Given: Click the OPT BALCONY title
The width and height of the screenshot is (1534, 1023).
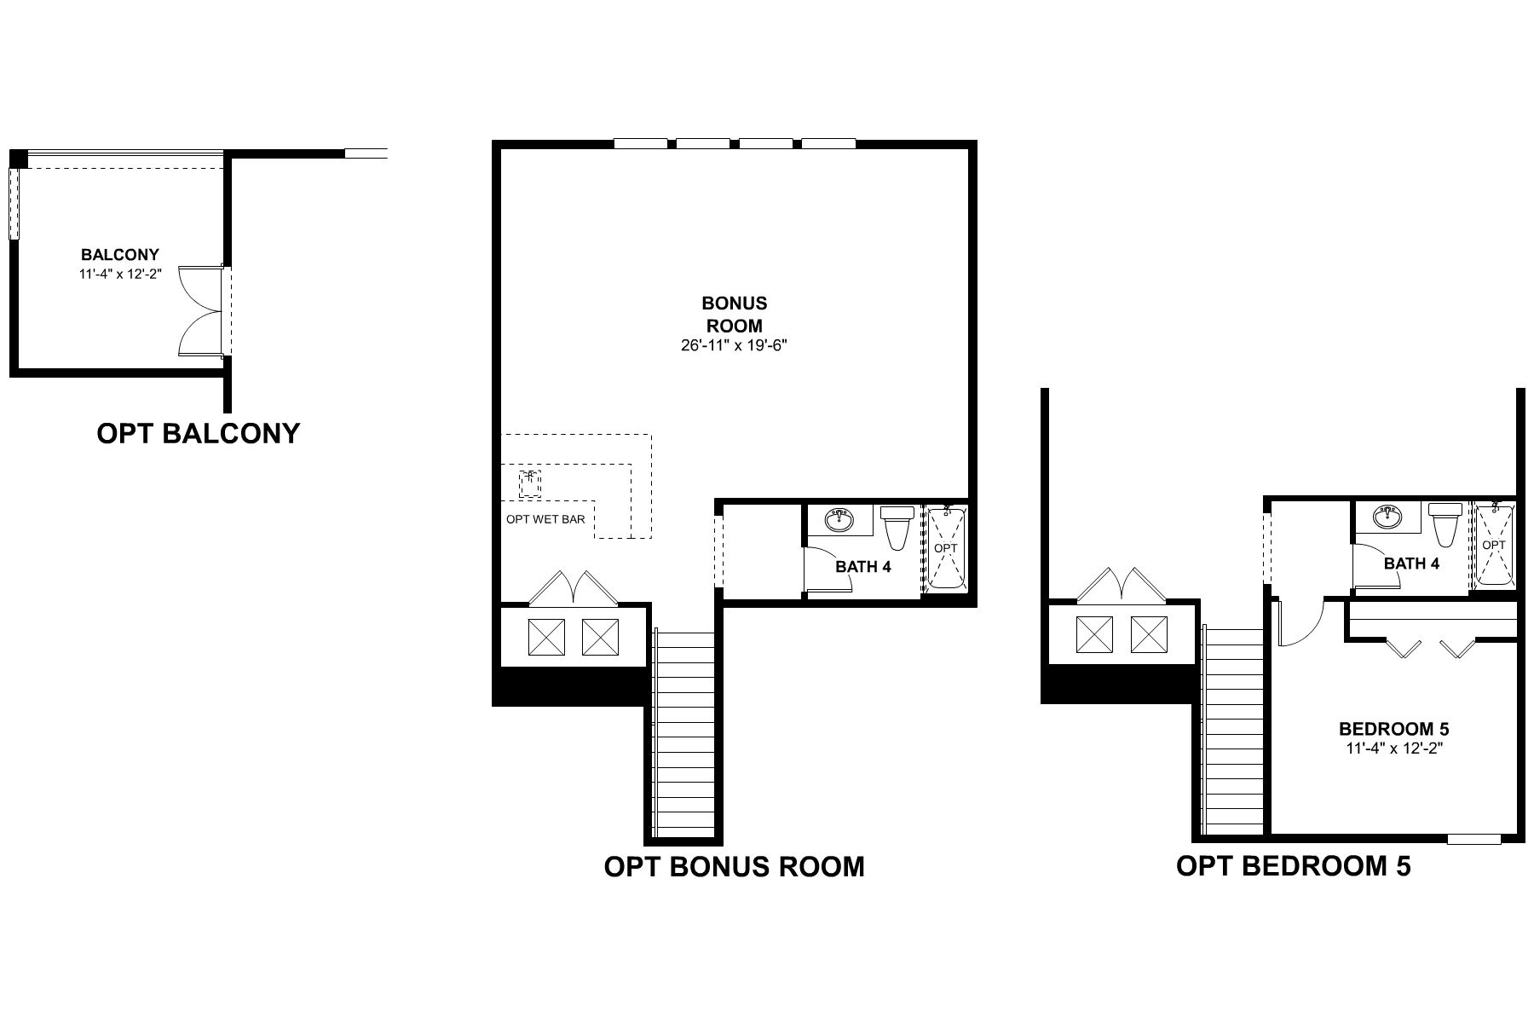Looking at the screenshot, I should tap(199, 433).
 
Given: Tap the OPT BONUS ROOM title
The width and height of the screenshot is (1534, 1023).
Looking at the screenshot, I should tap(734, 866).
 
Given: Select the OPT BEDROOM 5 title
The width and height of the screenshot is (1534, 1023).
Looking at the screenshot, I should tap(1294, 865).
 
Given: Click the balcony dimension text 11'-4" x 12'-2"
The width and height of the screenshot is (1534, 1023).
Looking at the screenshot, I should tap(118, 275).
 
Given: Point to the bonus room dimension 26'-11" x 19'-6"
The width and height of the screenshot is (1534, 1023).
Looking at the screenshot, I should tap(734, 346).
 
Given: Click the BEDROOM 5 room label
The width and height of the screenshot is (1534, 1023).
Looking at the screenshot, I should tap(1393, 729).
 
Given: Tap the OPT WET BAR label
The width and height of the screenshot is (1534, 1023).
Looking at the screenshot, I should tap(545, 519).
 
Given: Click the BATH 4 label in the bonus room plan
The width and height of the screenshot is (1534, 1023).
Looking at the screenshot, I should tap(862, 566).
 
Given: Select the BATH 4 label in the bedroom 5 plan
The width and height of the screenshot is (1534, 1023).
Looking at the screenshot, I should tap(1411, 564).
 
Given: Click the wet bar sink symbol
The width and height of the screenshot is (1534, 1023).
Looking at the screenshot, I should tap(530, 483).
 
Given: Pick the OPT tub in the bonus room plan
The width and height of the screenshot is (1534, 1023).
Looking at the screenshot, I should tap(945, 548).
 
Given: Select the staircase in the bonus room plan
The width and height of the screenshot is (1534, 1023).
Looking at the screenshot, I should tap(683, 733).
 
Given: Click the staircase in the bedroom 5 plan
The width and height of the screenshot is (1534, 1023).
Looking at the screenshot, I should tap(1232, 731).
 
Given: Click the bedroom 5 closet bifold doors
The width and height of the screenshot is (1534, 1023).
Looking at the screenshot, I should tap(1431, 648).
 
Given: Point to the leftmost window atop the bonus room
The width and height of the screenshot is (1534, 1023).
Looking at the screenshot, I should tap(640, 144).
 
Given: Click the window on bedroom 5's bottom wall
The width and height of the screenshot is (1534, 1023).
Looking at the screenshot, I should tap(1473, 839).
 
